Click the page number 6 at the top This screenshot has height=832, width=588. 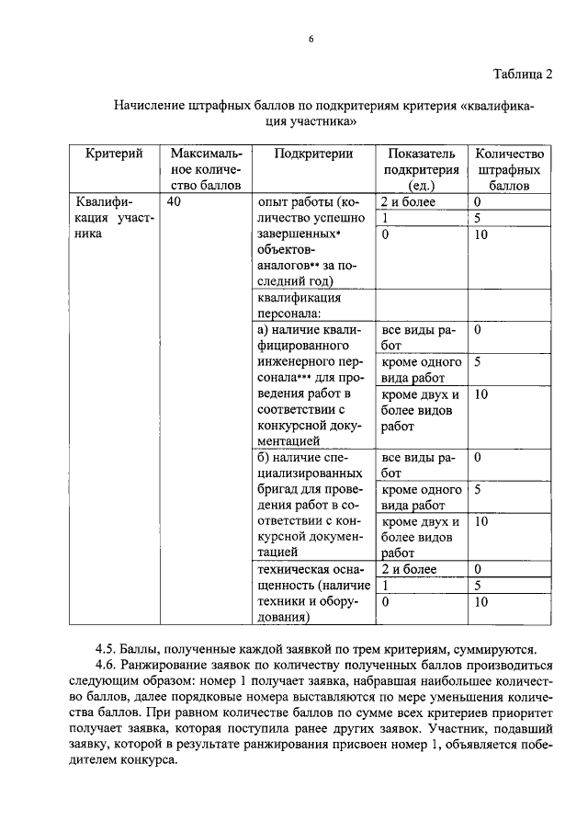pyautogui.click(x=311, y=38)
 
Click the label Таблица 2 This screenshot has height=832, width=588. pyautogui.click(x=521, y=73)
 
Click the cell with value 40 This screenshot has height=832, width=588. pyautogui.click(x=175, y=202)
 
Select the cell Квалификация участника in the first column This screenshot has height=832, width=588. pyautogui.click(x=114, y=218)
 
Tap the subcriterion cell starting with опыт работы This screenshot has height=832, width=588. pyautogui.click(x=312, y=241)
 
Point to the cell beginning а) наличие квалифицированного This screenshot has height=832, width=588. pyautogui.click(x=312, y=383)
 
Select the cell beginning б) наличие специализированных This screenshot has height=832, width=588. pyautogui.click(x=312, y=505)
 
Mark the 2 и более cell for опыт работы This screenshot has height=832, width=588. pyautogui.click(x=409, y=202)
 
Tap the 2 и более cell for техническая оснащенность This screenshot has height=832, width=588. pyautogui.click(x=409, y=569)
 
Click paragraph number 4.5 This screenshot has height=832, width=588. pyautogui.click(x=107, y=647)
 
